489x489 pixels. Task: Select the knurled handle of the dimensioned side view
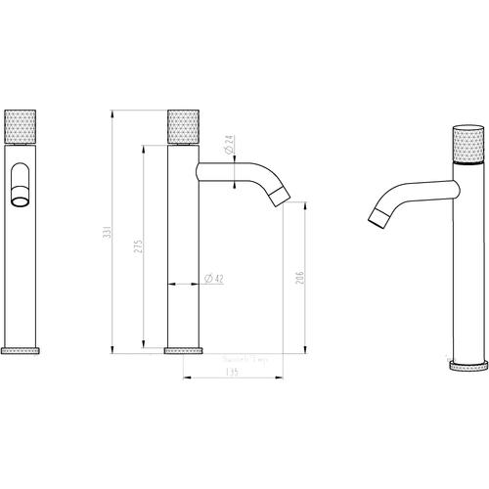click(x=185, y=127)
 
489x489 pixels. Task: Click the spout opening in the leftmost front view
click(x=21, y=201)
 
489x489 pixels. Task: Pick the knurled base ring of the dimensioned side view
click(x=185, y=348)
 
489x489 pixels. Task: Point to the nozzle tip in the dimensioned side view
click(x=282, y=197)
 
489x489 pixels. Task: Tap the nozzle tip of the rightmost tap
click(x=377, y=216)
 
